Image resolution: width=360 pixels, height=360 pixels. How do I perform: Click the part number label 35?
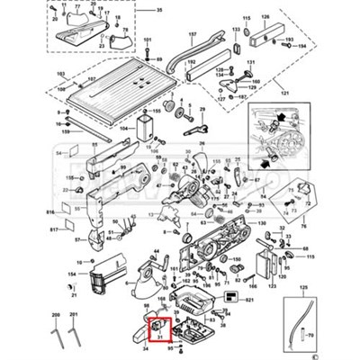(160, 10)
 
